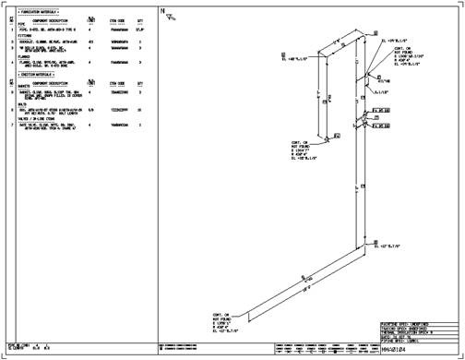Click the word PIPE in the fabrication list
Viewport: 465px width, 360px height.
coord(23,27)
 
